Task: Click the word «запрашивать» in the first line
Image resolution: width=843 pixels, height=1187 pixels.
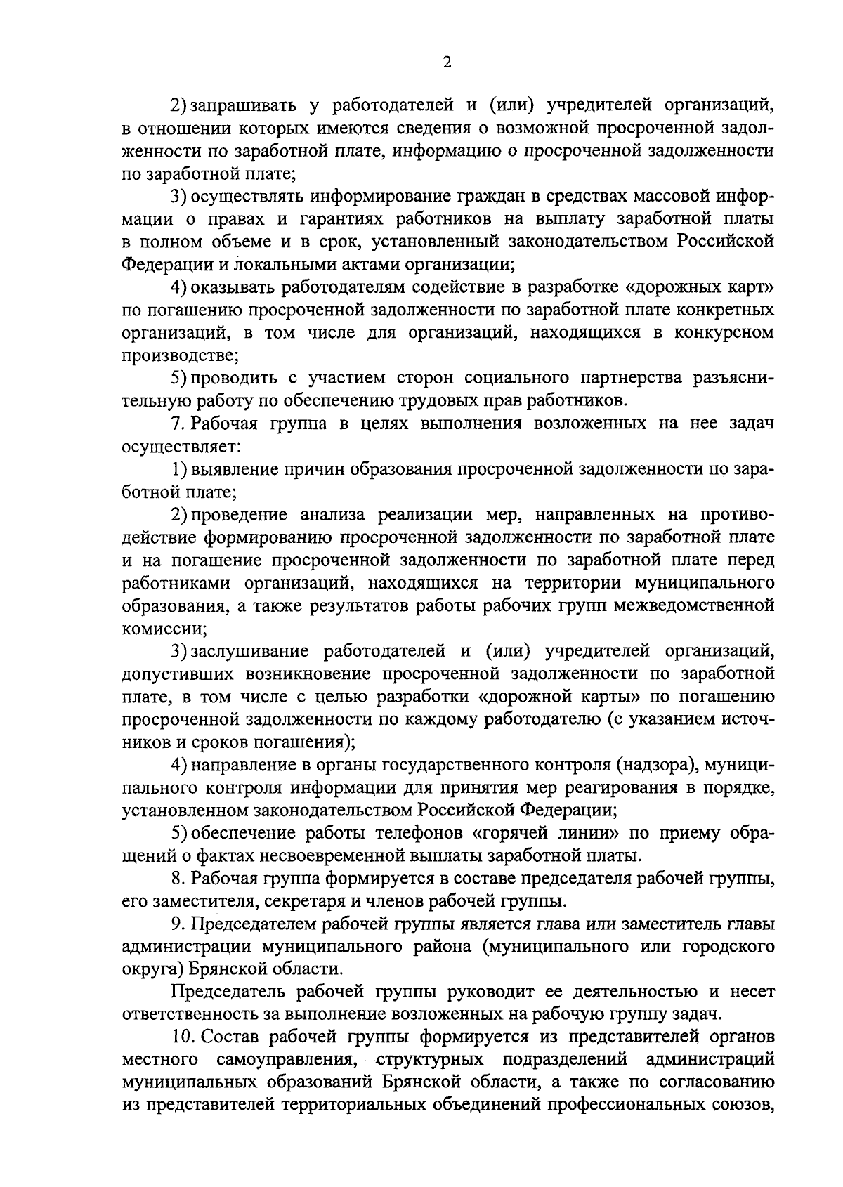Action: (242, 105)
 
